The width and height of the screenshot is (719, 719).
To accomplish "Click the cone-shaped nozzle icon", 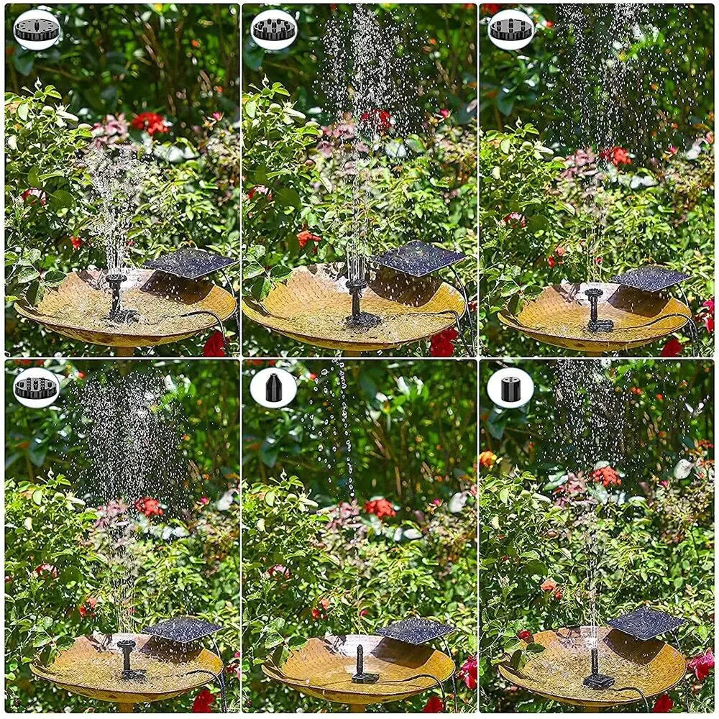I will pos(273,388).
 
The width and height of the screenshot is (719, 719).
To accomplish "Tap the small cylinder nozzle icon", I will pos(510,388).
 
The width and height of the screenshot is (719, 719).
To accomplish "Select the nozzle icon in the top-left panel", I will pos(37,29).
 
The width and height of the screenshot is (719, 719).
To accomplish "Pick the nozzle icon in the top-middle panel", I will pos(274,29).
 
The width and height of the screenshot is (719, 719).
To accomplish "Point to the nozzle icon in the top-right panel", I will pos(511,29).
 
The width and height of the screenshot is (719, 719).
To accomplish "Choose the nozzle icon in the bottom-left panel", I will pos(37,388).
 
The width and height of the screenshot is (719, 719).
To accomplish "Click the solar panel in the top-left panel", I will pos(191,263).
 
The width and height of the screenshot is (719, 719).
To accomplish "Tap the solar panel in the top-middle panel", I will pos(418,258).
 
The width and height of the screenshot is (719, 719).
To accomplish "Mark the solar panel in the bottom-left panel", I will pos(182,629).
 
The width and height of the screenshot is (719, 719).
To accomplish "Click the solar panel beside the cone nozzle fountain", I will pos(415,631).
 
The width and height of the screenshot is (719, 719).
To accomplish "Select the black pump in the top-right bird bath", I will pos(596,311).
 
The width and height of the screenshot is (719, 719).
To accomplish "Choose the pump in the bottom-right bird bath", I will pos(596,669).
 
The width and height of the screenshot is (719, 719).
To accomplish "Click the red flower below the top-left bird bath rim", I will pos(214,345).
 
